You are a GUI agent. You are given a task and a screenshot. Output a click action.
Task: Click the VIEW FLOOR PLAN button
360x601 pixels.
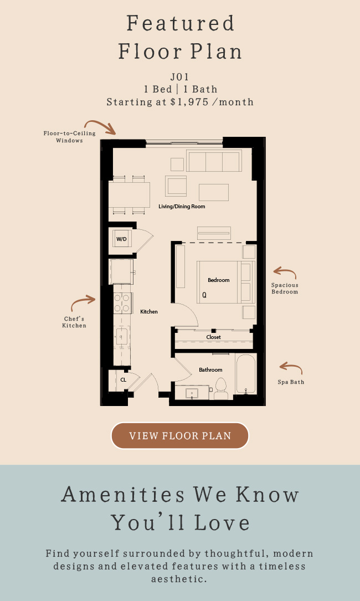[x=180, y=435]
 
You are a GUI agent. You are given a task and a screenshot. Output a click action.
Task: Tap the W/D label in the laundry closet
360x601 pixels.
[x=121, y=239]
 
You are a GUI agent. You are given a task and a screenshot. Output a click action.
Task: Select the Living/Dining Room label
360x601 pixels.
[x=182, y=206]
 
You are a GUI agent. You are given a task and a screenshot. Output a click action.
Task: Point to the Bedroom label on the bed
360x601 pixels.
[x=219, y=280]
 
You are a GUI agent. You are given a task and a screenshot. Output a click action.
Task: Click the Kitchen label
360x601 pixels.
[x=149, y=312]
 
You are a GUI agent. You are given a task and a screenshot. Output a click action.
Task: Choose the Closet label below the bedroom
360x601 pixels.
[x=214, y=337]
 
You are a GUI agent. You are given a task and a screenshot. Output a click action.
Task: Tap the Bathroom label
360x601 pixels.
[x=210, y=369]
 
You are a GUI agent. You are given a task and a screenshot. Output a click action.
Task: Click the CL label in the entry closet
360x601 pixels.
[x=124, y=380]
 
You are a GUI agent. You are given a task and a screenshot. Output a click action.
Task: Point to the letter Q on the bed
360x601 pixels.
[x=204, y=295]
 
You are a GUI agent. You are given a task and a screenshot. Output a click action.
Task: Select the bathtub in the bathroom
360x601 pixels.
[x=246, y=374]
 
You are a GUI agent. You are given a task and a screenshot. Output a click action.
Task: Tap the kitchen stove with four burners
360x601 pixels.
[x=123, y=303]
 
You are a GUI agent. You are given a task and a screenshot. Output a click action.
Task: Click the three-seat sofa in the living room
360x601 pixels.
[x=214, y=161]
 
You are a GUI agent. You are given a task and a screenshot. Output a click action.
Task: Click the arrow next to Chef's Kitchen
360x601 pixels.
[x=83, y=302]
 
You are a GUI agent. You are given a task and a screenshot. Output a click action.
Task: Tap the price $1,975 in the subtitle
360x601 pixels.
[x=190, y=102]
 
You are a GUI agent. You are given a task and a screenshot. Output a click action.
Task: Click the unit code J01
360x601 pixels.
[x=180, y=76]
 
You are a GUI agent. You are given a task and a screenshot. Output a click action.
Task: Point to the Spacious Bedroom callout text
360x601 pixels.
[x=285, y=288]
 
